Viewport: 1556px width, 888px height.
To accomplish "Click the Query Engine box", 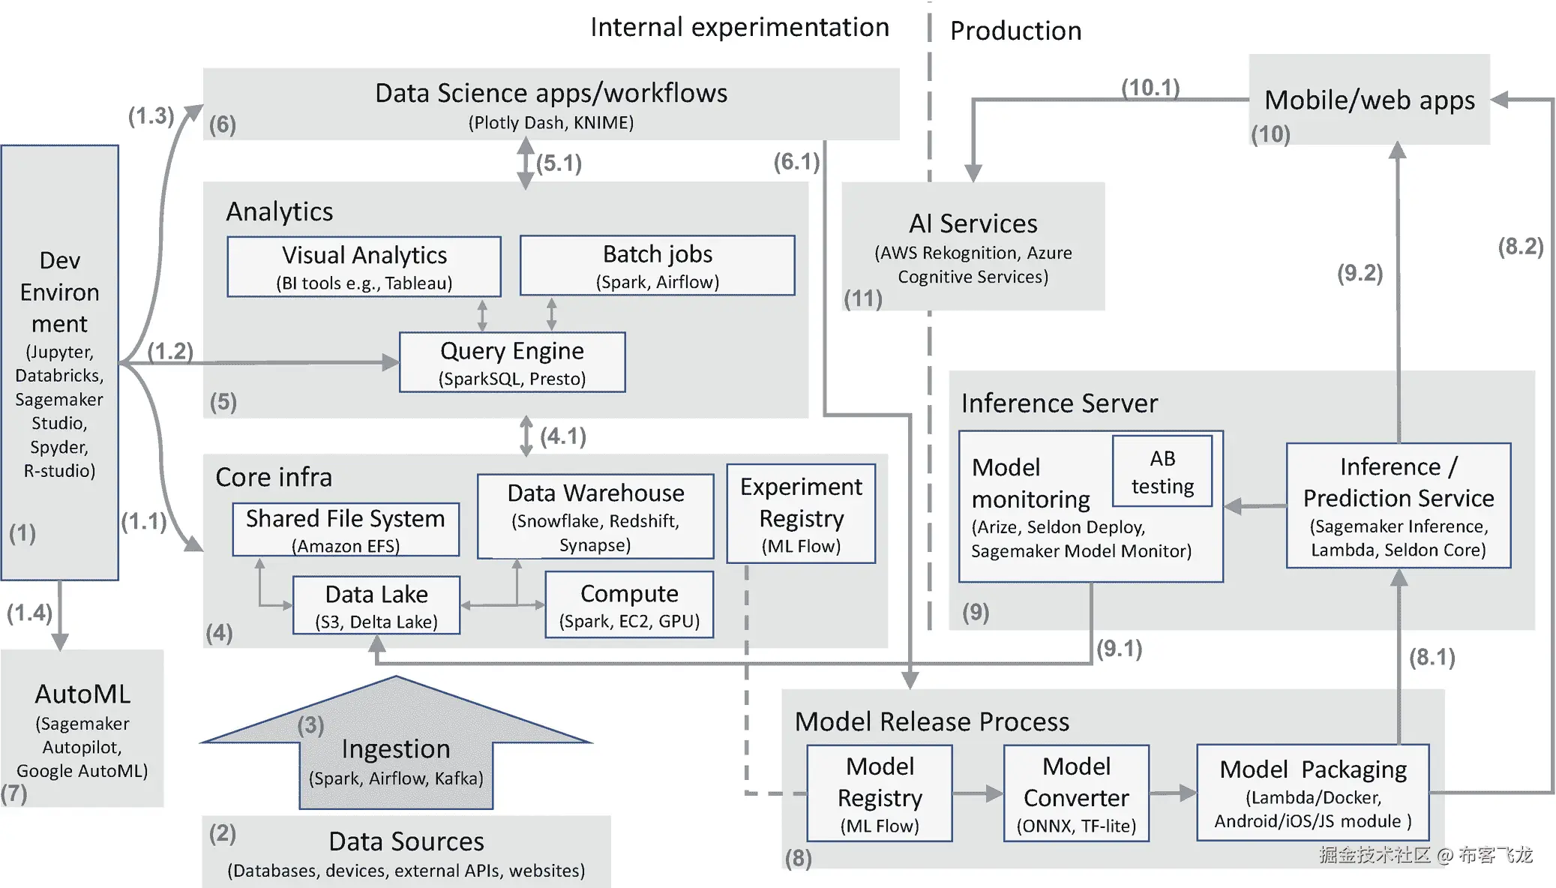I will click(x=512, y=362).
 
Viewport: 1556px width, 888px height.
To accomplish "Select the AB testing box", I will click(x=1162, y=472).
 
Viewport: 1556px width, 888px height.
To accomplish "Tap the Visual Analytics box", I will click(x=364, y=267).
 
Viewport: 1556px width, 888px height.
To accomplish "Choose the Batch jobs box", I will click(x=658, y=265).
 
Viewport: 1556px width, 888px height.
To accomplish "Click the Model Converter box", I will click(x=1076, y=793).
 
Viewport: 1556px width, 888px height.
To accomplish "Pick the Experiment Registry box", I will click(x=801, y=514).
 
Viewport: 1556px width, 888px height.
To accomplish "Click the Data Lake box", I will click(x=376, y=605).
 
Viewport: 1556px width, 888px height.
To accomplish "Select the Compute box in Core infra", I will click(x=629, y=605).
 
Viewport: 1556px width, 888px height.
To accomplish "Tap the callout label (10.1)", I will click(x=1150, y=88).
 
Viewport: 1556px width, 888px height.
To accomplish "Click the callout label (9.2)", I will click(x=1360, y=273).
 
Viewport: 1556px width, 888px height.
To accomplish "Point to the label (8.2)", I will click(x=1520, y=247).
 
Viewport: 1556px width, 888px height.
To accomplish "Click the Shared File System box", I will click(x=346, y=529).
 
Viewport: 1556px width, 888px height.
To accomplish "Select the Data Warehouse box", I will click(x=595, y=517).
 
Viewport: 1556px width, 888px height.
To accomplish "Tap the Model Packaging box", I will click(x=1313, y=793).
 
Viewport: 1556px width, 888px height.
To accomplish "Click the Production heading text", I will click(x=1015, y=31).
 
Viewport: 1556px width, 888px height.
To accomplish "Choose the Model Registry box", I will click(x=880, y=793).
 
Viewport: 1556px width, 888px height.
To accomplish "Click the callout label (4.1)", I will click(x=563, y=436).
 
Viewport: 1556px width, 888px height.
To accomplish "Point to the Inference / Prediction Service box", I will click(x=1399, y=506).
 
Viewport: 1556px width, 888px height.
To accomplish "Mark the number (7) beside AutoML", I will click(x=14, y=793).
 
